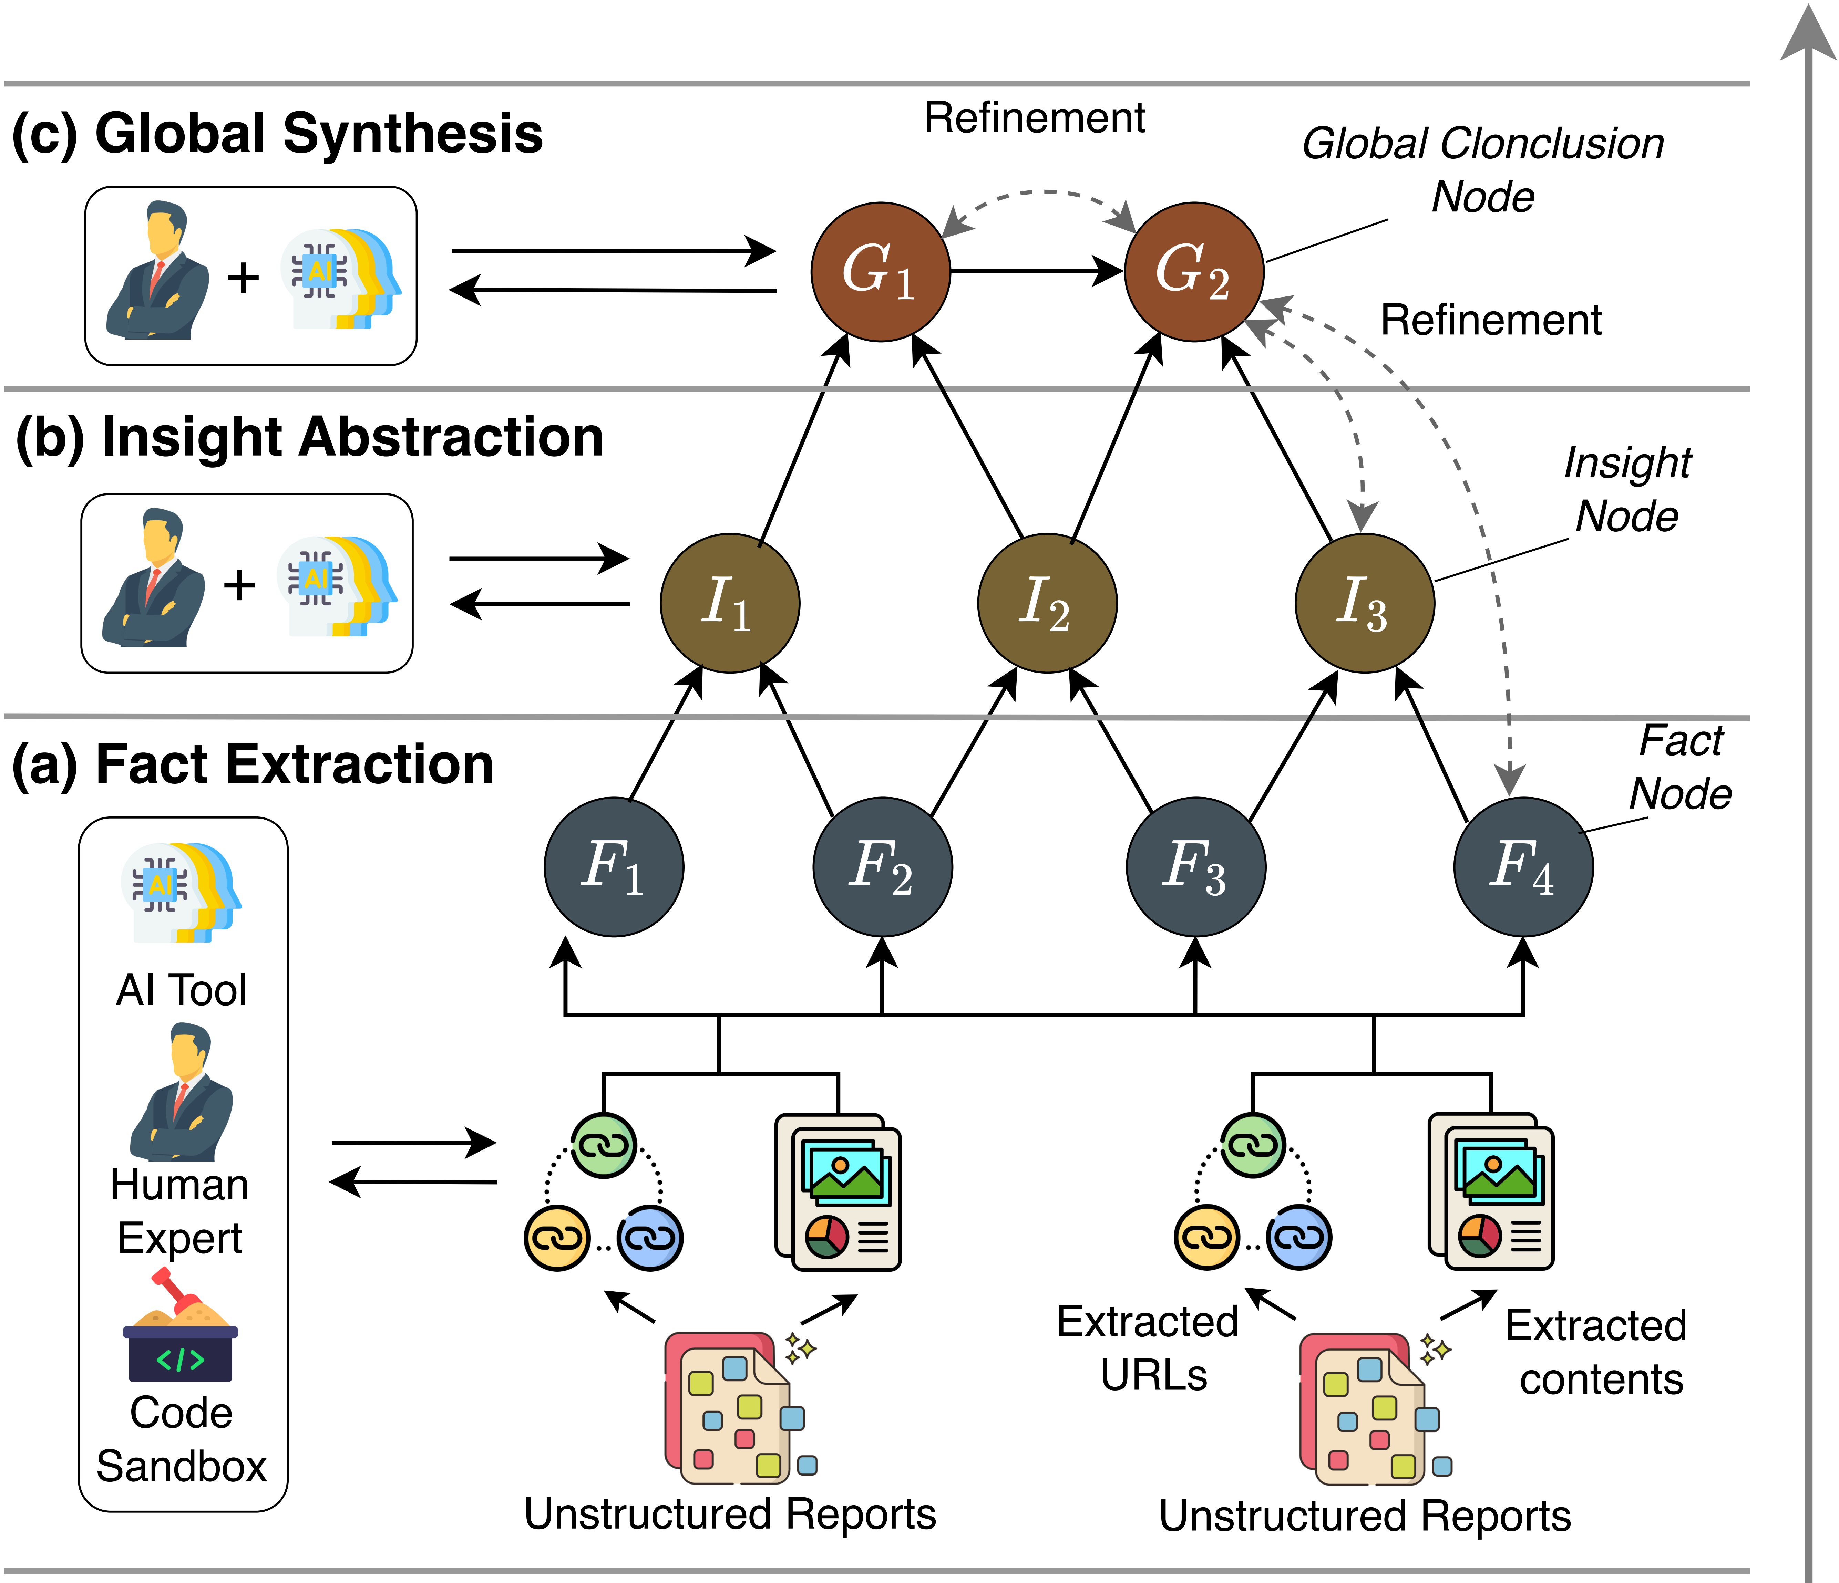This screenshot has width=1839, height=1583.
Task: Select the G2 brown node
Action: (x=1194, y=271)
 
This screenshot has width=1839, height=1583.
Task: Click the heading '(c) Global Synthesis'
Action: (x=277, y=135)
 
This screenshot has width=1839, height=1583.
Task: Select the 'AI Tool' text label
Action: (x=181, y=989)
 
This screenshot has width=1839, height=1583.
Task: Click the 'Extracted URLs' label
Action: (x=1149, y=1348)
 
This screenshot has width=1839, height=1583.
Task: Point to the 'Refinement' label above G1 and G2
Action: (x=1034, y=118)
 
